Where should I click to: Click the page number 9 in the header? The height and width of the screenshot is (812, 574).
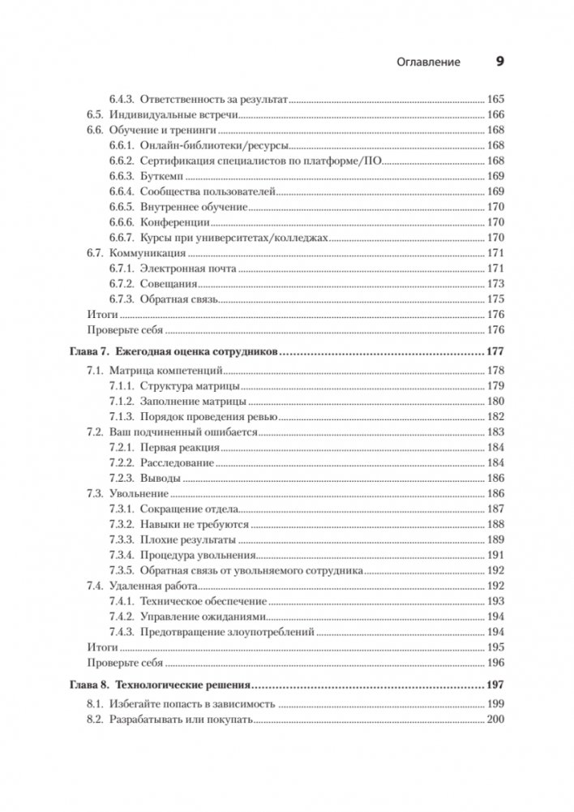point(499,61)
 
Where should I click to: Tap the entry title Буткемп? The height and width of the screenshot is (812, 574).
point(164,177)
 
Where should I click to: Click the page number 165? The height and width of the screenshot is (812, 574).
point(495,99)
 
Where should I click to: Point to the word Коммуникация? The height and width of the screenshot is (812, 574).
point(143,255)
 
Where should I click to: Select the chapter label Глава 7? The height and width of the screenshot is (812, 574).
point(84,352)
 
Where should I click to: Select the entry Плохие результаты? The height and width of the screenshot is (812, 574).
point(188,539)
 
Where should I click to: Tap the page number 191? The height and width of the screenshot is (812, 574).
point(495,556)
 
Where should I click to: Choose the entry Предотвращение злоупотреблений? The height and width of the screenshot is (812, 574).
point(227,632)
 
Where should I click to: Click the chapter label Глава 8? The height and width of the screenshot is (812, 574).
point(84,684)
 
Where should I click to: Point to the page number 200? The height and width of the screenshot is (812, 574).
point(495,720)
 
